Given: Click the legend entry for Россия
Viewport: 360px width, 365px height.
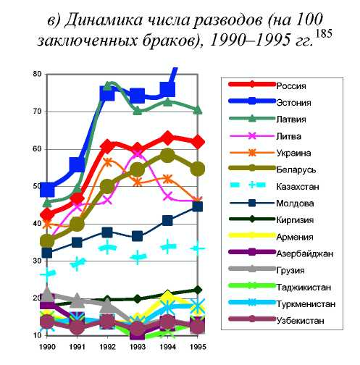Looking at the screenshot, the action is point(291,86).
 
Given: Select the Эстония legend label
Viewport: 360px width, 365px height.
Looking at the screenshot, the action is point(293,103).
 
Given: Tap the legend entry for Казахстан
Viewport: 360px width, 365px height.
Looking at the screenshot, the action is point(298,187).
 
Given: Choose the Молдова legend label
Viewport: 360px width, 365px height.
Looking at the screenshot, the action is point(295,204).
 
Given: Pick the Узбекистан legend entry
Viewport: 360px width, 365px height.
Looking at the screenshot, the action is point(300,321).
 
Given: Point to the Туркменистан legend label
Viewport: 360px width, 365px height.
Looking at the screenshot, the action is point(306,304).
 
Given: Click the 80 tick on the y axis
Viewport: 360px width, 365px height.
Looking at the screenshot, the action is point(37,74).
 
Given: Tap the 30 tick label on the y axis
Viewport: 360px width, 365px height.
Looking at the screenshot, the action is point(37,261).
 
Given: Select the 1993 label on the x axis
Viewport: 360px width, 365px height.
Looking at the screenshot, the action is point(138,347).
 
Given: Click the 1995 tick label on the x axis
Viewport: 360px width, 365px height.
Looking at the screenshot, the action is point(198,347).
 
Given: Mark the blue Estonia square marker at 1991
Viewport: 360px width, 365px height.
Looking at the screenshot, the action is point(77,164).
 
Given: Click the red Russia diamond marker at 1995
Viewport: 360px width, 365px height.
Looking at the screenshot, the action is point(198,142).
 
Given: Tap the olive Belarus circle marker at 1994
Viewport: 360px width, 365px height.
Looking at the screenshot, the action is point(168,155).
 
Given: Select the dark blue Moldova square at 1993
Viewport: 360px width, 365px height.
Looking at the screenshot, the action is point(138,236).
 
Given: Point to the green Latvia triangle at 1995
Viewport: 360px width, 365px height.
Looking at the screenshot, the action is point(198,110).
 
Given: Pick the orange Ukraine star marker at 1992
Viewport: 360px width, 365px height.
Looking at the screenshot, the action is point(108,162).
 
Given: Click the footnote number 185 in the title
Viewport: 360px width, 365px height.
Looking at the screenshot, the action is point(324,33).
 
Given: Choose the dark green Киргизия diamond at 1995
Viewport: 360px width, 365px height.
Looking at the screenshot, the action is point(198,290).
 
